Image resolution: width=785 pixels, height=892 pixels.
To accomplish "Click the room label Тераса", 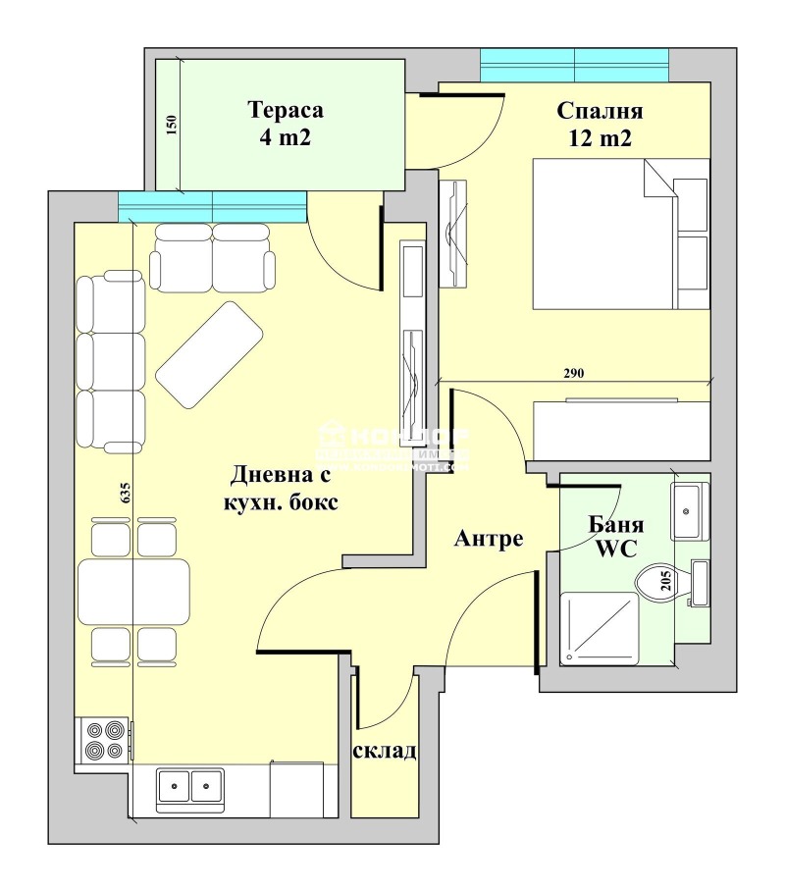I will point(286,109).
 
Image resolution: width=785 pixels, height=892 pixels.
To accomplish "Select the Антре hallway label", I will point(488,539).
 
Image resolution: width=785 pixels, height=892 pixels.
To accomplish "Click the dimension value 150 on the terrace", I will point(171,126).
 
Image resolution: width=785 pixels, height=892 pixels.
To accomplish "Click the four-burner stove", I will point(104,741).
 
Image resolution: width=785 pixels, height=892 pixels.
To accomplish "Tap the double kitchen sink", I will point(190,784).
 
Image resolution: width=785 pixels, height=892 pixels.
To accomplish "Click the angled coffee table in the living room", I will point(209,354).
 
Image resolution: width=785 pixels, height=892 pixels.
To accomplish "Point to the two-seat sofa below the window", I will point(211,257).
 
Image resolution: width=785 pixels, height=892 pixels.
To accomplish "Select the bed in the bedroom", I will point(619,235).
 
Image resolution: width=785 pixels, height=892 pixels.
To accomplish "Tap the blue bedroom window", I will point(574,66).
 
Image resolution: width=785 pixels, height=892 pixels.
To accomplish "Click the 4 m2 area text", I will point(286,137).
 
